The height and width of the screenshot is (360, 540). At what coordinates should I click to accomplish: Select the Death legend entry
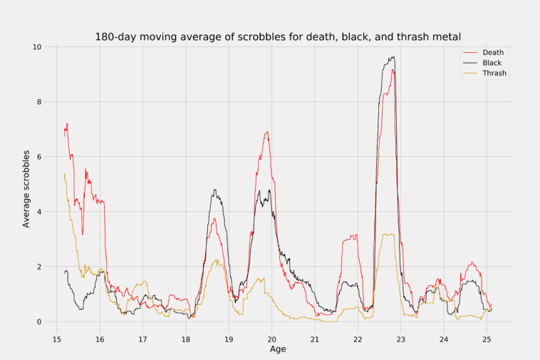pyautogui.click(x=492, y=53)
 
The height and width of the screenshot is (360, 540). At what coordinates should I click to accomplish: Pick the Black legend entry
pyautogui.click(x=492, y=63)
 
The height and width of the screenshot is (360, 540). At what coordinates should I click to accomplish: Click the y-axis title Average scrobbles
pyautogui.click(x=26, y=189)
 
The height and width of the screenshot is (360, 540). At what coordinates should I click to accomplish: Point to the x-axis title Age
pyautogui.click(x=279, y=349)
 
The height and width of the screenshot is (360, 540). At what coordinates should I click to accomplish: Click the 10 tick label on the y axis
pyautogui.click(x=36, y=47)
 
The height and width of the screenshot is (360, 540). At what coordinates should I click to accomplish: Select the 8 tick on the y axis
pyautogui.click(x=39, y=102)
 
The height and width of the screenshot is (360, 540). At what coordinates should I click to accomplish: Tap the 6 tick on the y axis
pyautogui.click(x=39, y=157)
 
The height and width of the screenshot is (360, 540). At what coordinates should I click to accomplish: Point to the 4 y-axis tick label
pyautogui.click(x=39, y=212)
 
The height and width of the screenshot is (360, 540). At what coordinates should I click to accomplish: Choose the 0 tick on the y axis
pyautogui.click(x=39, y=322)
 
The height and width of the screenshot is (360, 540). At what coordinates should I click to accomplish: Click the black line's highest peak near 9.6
pyautogui.click(x=393, y=58)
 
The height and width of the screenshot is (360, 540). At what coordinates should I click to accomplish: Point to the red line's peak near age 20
pyautogui.click(x=267, y=132)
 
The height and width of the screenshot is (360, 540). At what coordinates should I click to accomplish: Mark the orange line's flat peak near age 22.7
pyautogui.click(x=388, y=235)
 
